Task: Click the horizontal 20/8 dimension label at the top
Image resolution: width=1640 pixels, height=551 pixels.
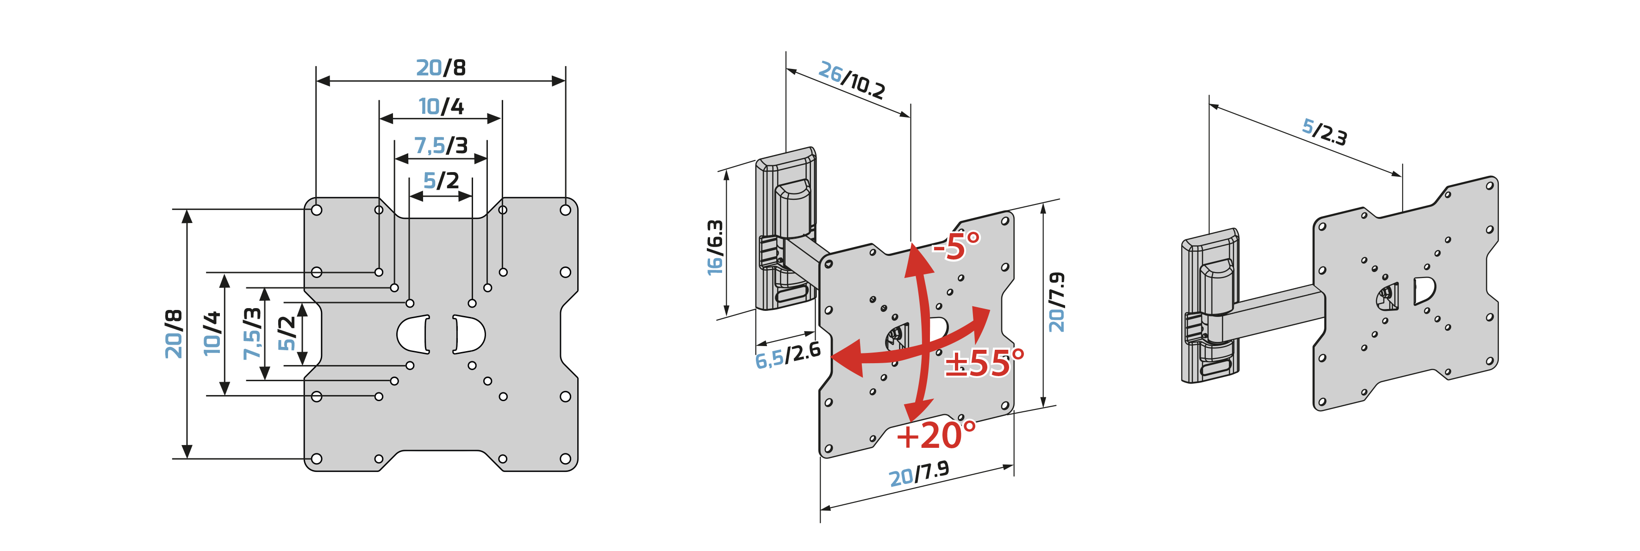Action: pos(441,68)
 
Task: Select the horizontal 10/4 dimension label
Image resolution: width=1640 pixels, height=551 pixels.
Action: pos(441,106)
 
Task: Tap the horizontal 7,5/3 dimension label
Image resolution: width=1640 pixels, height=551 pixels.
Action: pos(441,146)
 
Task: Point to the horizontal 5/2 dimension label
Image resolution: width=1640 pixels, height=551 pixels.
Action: pos(441,181)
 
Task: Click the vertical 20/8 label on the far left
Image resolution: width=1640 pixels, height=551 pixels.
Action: pos(174,334)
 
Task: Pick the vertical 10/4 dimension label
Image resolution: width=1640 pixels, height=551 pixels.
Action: pos(212,334)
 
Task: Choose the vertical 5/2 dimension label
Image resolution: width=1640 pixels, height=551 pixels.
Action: pos(287,334)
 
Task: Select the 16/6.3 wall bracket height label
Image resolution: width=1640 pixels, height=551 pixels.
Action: pos(715,248)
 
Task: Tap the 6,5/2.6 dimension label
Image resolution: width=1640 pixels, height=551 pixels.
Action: pos(787,354)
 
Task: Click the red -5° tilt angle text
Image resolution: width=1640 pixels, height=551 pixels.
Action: pos(956,246)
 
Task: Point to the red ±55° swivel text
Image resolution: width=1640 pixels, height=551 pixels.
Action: pos(984,363)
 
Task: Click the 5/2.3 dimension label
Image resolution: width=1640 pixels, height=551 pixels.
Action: pos(1324,132)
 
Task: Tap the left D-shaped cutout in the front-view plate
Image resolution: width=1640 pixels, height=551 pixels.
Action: pos(413,334)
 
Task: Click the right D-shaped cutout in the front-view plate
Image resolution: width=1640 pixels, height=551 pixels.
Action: pos(469,334)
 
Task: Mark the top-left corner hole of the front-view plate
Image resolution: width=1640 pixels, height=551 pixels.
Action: pos(317,210)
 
